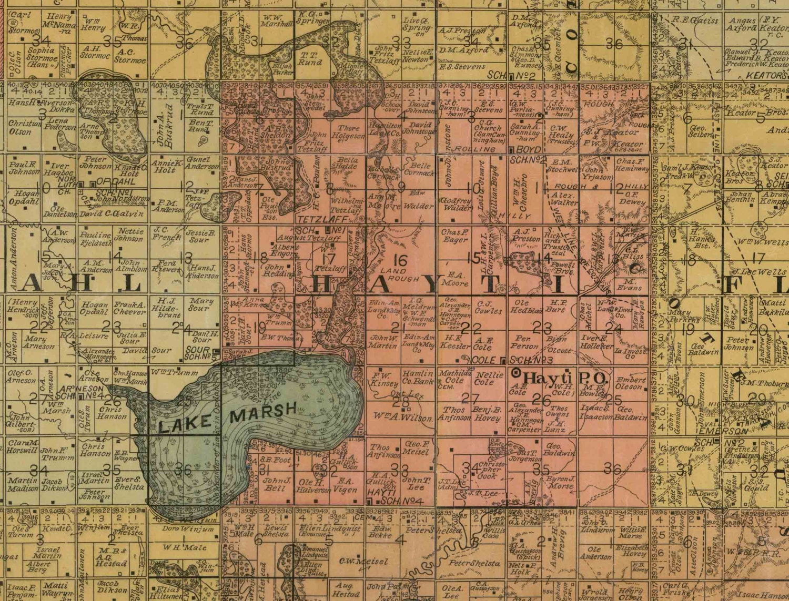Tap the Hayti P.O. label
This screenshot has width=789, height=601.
click(x=560, y=379)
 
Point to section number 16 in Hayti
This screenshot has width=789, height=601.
click(x=400, y=260)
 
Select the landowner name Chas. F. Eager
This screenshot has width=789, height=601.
click(x=454, y=236)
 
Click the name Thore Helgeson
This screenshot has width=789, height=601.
click(x=348, y=132)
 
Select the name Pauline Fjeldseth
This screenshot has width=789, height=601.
click(x=96, y=239)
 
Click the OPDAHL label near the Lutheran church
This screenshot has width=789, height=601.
click(x=109, y=181)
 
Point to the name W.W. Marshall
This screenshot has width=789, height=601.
click(x=277, y=21)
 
